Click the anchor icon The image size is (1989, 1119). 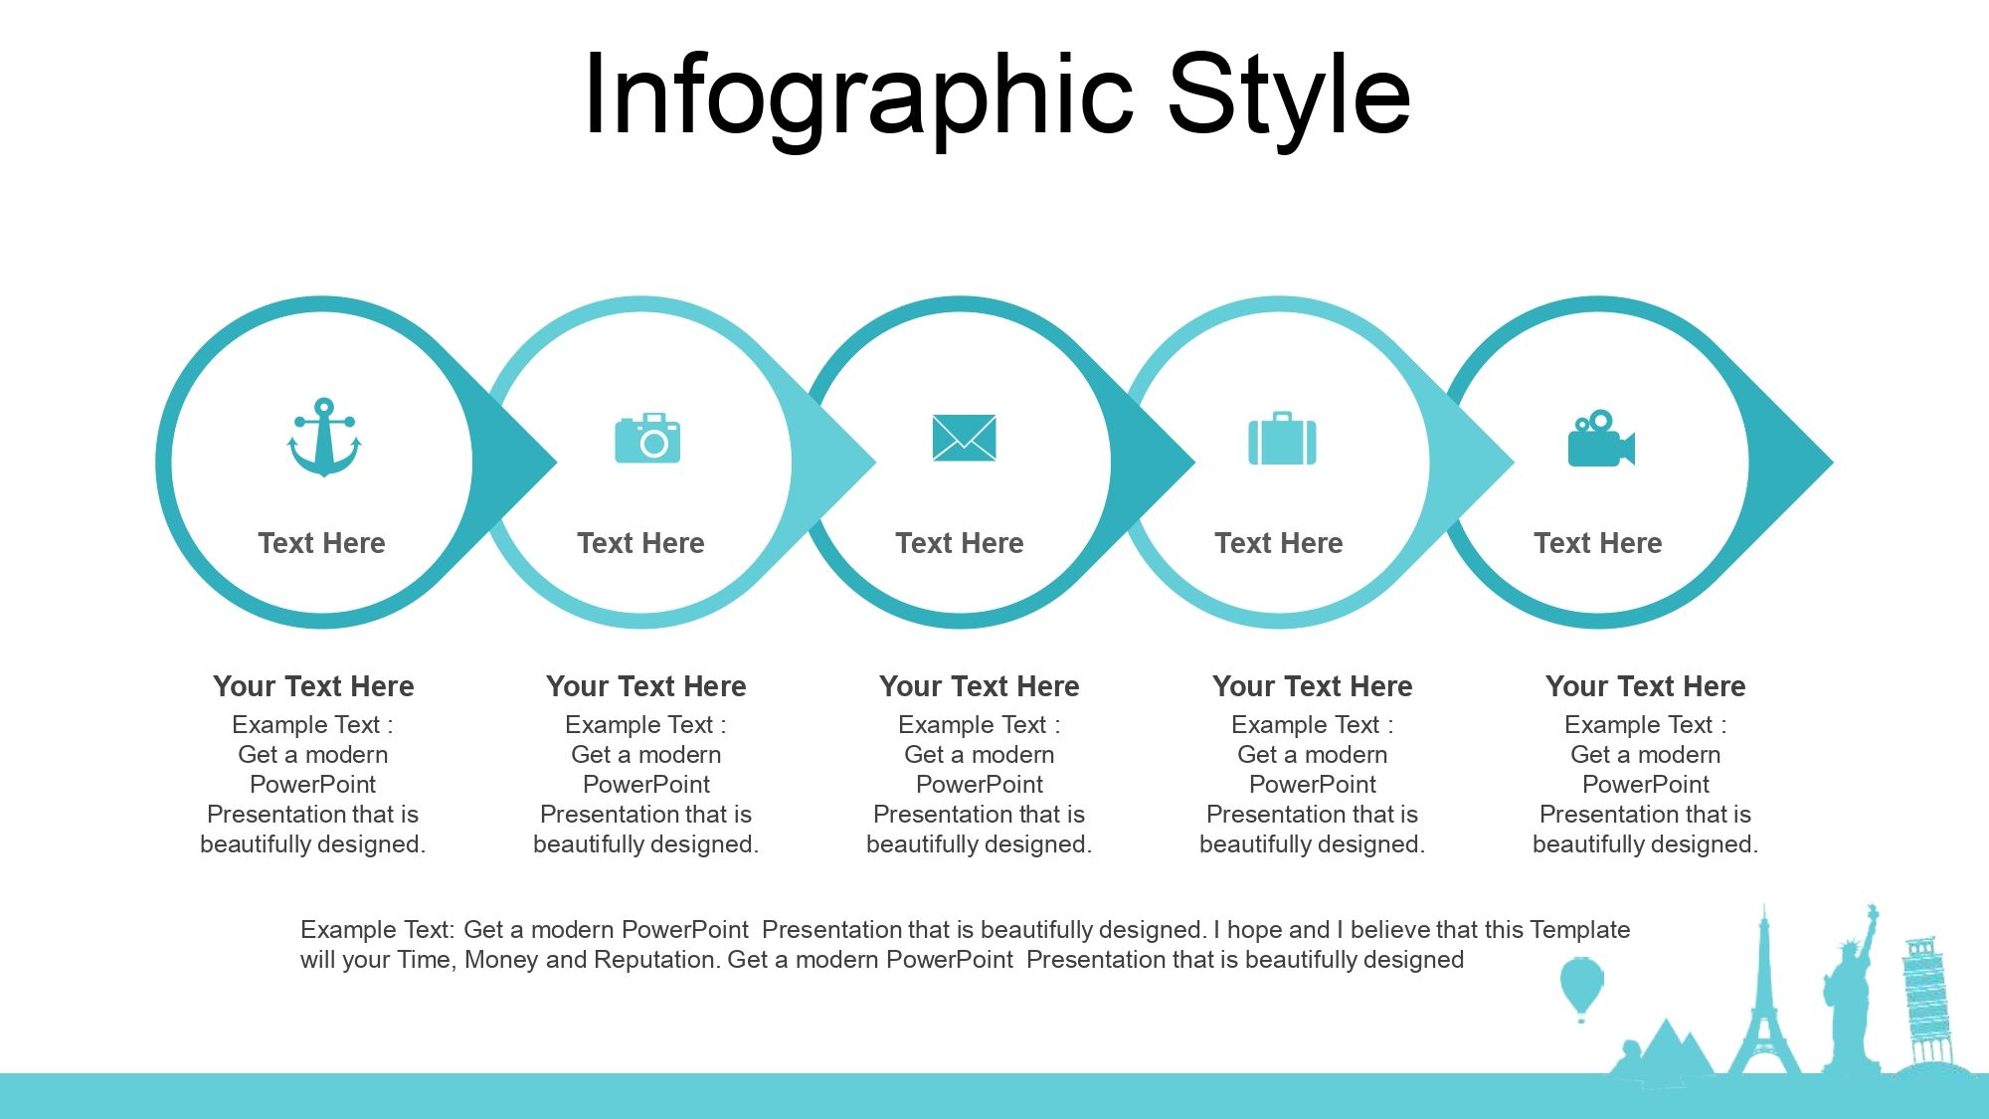(x=324, y=438)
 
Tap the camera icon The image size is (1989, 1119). (x=647, y=438)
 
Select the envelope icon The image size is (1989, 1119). (x=964, y=438)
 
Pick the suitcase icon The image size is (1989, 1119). (x=1282, y=439)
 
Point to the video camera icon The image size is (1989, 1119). (x=1601, y=439)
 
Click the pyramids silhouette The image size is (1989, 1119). (x=1666, y=1049)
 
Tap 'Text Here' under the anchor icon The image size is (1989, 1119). (x=321, y=543)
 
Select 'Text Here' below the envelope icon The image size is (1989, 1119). (x=960, y=543)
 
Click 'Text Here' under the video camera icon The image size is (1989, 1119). (x=1598, y=543)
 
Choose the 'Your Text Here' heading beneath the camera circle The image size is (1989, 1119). (x=646, y=686)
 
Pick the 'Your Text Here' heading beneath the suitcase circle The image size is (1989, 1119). (x=1313, y=686)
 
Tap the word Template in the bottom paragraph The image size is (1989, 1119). (x=1580, y=930)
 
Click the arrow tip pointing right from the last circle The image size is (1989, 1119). (x=1833, y=462)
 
